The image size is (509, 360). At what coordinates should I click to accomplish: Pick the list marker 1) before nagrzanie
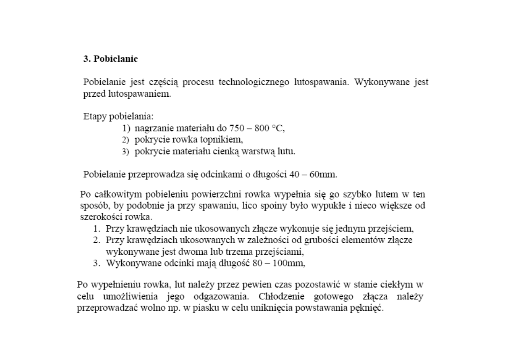(x=127, y=129)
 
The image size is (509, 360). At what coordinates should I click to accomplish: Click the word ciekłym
(x=397, y=284)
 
